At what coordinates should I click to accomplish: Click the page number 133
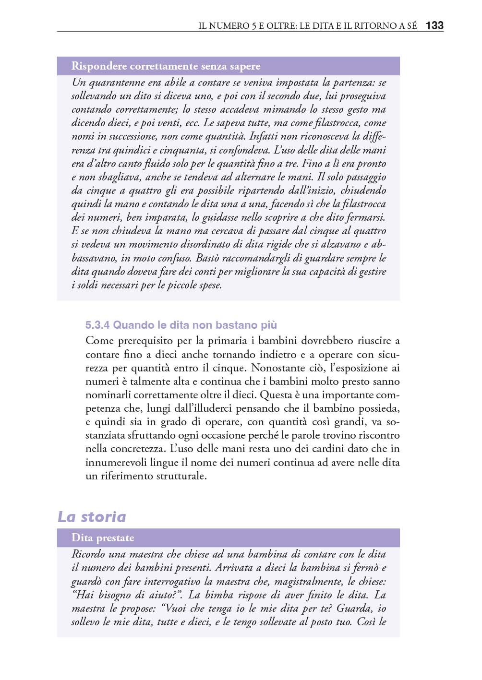tap(434, 25)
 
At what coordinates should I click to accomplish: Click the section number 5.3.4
tap(97, 325)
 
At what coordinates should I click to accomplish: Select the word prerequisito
tap(145, 341)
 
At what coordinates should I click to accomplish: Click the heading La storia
tap(92, 517)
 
